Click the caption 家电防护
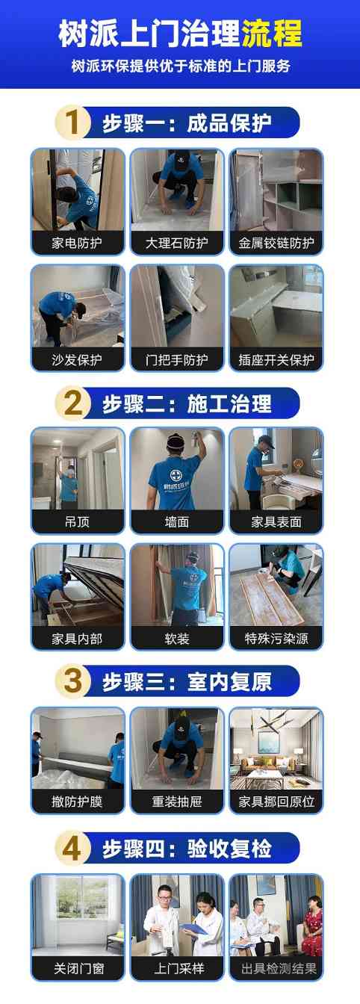[x=77, y=244]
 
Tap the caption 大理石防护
[x=176, y=244]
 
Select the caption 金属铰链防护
[x=276, y=244]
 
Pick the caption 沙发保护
[x=77, y=360]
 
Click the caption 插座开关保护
[x=276, y=360]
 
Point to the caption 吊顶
[x=77, y=521]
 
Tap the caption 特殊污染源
[x=276, y=638]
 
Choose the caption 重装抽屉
[x=176, y=801]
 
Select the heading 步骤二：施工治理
[x=187, y=403]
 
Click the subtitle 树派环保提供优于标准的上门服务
[x=181, y=66]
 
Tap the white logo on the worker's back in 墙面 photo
[x=171, y=477]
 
